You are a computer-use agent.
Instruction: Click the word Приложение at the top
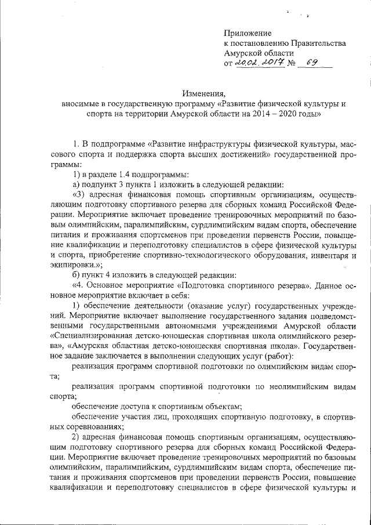[248, 33]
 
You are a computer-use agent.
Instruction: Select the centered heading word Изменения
[202, 94]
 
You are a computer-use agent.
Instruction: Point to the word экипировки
[74, 265]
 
